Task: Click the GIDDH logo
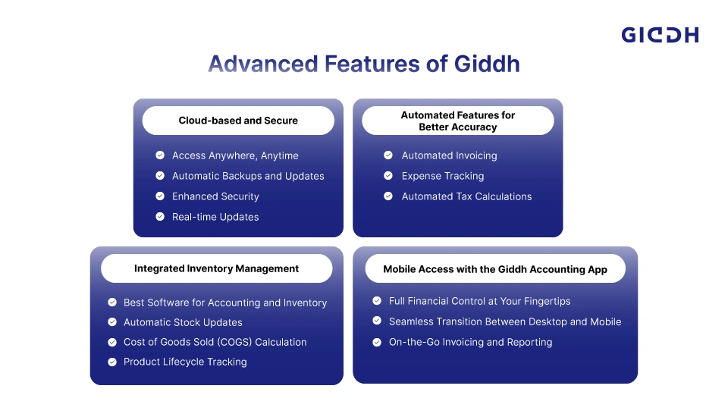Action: [660, 35]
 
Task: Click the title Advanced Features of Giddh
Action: [364, 64]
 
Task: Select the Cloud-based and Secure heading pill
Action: [238, 121]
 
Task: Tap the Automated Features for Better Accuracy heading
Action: [458, 121]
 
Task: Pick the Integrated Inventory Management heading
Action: [216, 268]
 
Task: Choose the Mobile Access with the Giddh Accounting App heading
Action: [495, 268]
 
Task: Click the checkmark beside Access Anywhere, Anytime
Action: [160, 155]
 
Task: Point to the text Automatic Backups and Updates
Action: [248, 176]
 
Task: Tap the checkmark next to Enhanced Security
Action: [160, 196]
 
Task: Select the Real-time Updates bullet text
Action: [215, 217]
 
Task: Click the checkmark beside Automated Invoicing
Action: [388, 155]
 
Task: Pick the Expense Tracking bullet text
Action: [442, 176]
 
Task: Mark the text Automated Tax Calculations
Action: [466, 196]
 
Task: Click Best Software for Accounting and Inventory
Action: [225, 303]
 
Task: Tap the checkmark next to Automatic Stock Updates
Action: [112, 321]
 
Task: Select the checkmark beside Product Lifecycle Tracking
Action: [112, 362]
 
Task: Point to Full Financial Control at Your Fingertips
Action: [479, 301]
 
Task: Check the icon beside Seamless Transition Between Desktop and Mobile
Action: [377, 321]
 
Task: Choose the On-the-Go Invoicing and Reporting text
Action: [470, 342]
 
